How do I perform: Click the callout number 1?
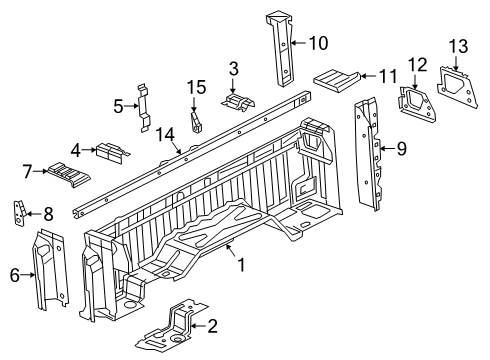pyautogui.click(x=239, y=265)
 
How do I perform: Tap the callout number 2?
pyautogui.click(x=212, y=326)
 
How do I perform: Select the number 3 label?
pyautogui.click(x=232, y=68)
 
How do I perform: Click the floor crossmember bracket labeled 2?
pyautogui.click(x=178, y=323)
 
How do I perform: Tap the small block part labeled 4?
pyautogui.click(x=108, y=153)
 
